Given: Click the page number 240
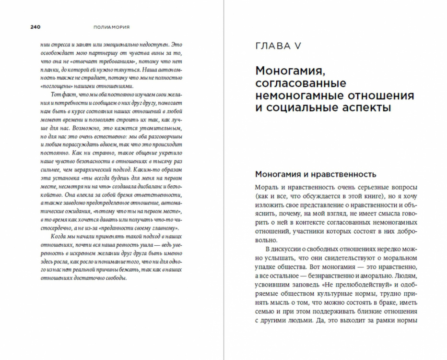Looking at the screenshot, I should (35, 27).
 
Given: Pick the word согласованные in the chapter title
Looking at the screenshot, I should (303, 83).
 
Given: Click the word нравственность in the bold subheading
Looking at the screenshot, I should (341, 174).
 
